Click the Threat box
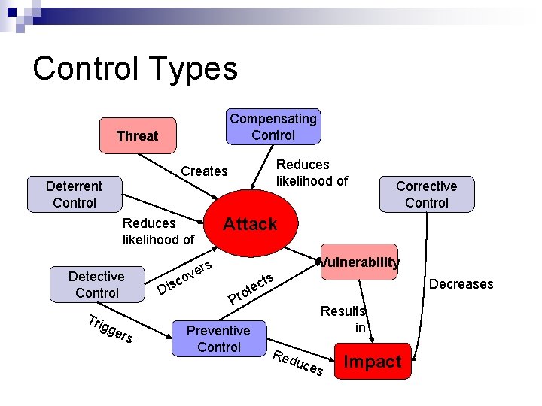[x=137, y=135]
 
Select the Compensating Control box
[x=273, y=126]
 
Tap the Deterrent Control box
[x=75, y=194]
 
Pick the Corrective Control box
[x=426, y=194]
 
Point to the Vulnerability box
[x=359, y=262]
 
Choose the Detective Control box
[x=96, y=284]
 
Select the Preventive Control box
[x=218, y=338]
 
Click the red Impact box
[x=372, y=362]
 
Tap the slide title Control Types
[x=135, y=68]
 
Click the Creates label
[x=204, y=171]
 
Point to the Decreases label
[x=461, y=283]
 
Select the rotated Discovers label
[x=185, y=277]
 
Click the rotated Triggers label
[x=110, y=329]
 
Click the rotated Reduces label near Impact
[x=298, y=362]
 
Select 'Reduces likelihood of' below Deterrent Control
[x=158, y=231]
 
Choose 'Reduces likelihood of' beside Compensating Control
[x=312, y=172]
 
